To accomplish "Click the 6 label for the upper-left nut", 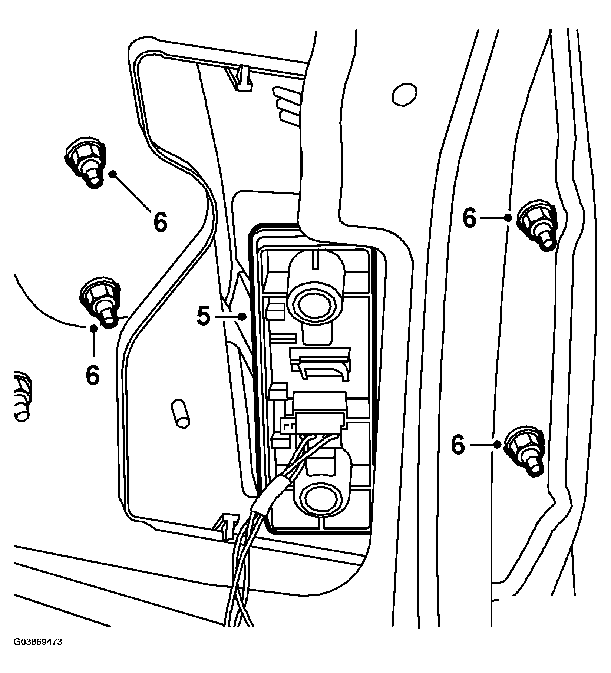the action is point(160,222).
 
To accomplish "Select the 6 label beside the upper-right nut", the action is point(469,218).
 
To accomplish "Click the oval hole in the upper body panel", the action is point(405,95).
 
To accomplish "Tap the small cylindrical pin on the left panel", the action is point(181,414).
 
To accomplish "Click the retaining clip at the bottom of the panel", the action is point(227,527).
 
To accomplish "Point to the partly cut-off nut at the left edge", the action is point(22,396).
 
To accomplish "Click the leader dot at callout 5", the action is point(242,316).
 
